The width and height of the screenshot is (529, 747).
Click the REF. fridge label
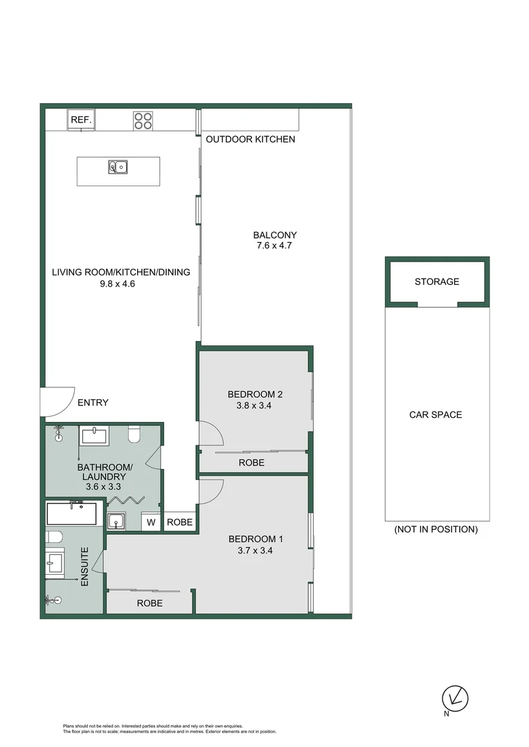(x=81, y=120)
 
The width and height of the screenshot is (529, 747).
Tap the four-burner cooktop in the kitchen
(x=143, y=120)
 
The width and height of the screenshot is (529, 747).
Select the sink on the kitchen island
(x=118, y=166)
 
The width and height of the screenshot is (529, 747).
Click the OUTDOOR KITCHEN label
(x=251, y=139)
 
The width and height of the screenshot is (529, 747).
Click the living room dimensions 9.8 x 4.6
(x=120, y=283)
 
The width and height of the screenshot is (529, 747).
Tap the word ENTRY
(x=93, y=403)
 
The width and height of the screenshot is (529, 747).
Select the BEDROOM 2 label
(x=255, y=395)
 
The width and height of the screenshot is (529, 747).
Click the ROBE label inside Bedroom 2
(x=251, y=463)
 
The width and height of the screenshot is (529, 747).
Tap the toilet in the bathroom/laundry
(x=134, y=434)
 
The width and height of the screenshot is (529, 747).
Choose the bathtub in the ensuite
(x=71, y=514)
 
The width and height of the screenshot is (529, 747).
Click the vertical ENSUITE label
(x=85, y=567)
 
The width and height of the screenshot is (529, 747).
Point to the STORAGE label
(x=437, y=282)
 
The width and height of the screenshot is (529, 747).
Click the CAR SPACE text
(x=436, y=415)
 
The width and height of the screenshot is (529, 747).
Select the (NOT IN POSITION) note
(x=436, y=530)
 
